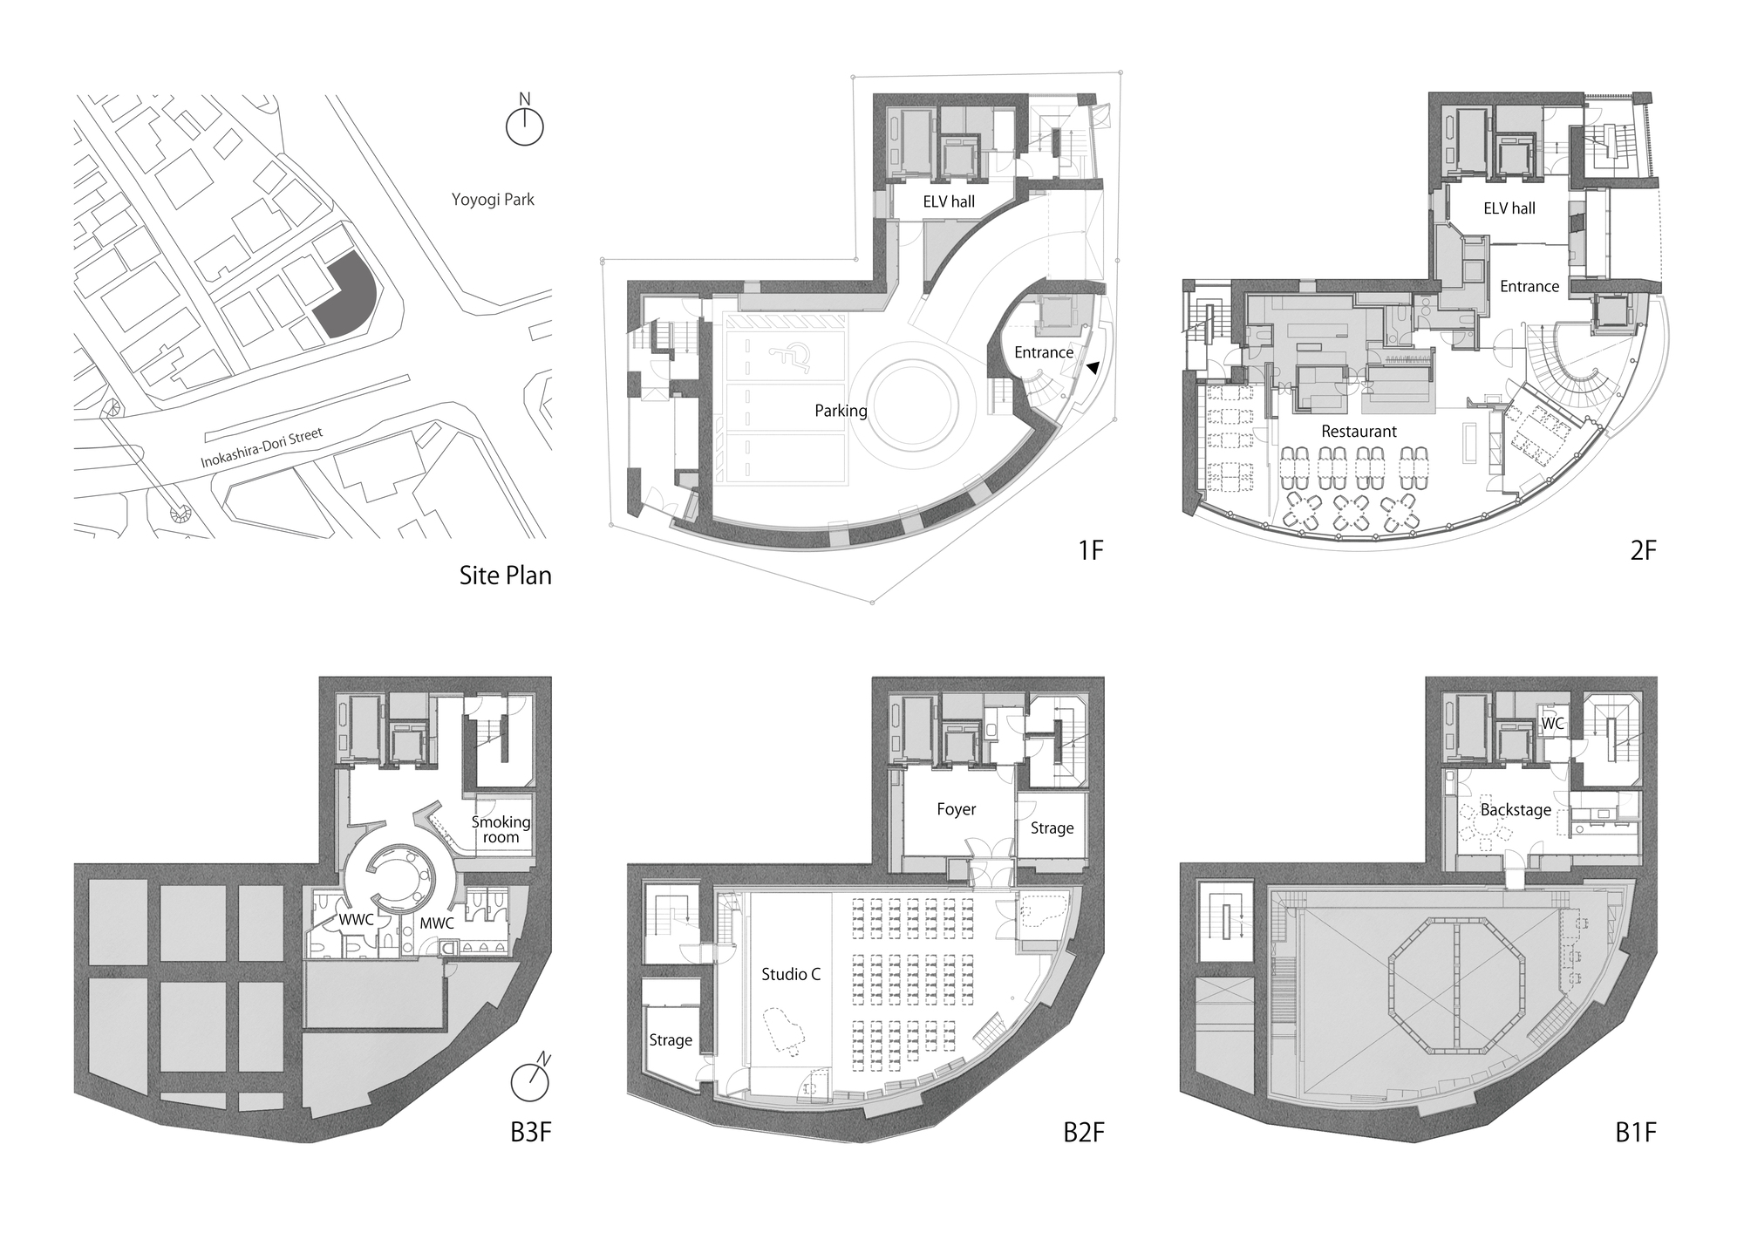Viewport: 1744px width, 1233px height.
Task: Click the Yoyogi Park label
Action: click(x=493, y=200)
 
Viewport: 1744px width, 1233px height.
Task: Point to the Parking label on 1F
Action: click(x=841, y=411)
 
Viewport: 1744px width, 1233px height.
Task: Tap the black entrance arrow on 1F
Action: click(x=1092, y=369)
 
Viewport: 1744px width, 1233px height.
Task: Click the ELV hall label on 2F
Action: click(x=1509, y=208)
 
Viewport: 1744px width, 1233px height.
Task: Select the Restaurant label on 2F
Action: click(x=1359, y=432)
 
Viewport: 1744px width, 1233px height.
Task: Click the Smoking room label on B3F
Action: click(x=501, y=829)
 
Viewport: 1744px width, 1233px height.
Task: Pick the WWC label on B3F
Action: click(x=356, y=920)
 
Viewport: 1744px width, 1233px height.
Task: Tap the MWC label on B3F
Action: click(x=437, y=923)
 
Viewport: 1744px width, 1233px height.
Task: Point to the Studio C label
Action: click(x=791, y=974)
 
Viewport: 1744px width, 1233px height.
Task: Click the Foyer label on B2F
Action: click(x=956, y=809)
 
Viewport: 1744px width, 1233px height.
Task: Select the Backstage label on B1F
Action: click(x=1516, y=810)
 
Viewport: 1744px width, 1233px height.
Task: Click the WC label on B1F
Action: click(x=1552, y=724)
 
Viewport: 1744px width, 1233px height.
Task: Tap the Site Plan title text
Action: click(x=505, y=576)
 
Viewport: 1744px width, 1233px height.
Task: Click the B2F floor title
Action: click(x=1083, y=1133)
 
